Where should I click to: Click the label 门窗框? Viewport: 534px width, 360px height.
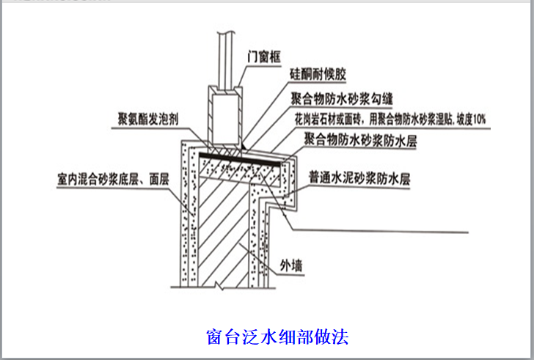click(x=261, y=54)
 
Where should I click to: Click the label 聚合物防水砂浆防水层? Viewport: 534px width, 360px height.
click(x=359, y=141)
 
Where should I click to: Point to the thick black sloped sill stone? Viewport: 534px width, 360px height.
click(x=242, y=155)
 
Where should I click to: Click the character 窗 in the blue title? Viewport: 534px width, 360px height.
click(x=213, y=337)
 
